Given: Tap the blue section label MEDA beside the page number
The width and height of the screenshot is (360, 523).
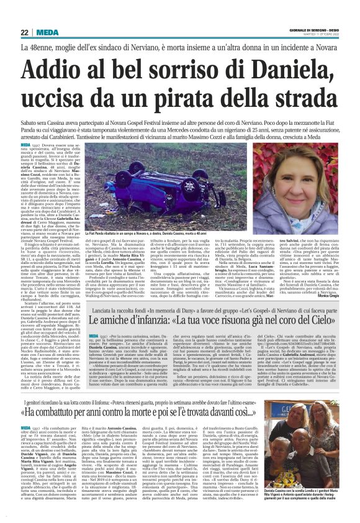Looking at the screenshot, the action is pyautogui.click(x=47, y=32).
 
